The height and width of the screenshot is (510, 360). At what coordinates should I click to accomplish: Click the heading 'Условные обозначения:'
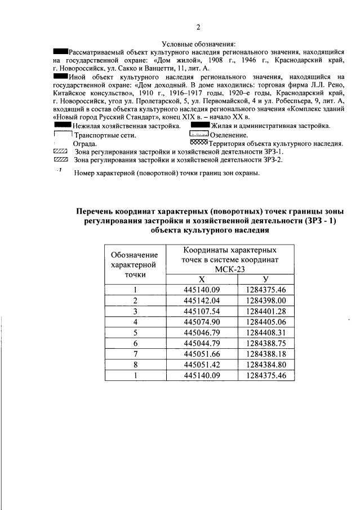point(198,44)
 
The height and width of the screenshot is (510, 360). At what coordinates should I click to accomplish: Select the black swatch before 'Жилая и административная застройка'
point(200,126)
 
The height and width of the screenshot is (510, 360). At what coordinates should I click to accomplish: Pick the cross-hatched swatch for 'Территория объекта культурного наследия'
point(199,143)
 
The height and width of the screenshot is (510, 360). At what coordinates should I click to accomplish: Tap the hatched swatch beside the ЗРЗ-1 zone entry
point(59,152)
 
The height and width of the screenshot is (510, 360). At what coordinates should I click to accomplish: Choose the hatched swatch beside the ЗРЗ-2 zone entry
point(59,160)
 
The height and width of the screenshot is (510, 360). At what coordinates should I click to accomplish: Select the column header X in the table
point(202,280)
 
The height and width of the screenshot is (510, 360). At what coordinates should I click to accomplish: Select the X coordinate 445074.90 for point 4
point(202,322)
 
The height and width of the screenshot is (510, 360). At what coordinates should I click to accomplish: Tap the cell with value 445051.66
point(202,354)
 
